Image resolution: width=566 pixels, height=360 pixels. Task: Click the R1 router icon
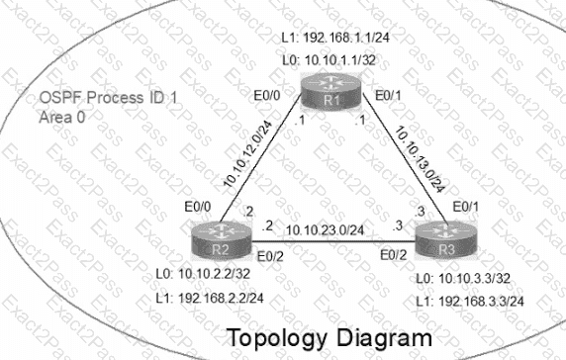click(331, 91)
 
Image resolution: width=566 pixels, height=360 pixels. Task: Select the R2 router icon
click(221, 240)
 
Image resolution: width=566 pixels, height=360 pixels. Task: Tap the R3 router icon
click(446, 240)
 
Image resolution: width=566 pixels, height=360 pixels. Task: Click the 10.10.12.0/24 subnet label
click(248, 154)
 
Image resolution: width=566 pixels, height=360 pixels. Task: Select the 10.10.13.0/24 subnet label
click(420, 159)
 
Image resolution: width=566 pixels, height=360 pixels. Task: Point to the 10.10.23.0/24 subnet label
click(325, 229)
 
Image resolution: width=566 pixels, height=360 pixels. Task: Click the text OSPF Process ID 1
click(108, 97)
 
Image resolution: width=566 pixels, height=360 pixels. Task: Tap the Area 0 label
click(62, 118)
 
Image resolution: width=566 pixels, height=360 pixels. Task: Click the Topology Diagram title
click(330, 337)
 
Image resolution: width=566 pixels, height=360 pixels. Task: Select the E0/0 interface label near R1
click(267, 96)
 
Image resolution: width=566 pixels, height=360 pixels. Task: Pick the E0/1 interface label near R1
click(388, 96)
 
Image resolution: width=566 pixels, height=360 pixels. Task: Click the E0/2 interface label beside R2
click(270, 256)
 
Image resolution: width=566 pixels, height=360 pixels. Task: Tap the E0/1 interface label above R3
click(466, 207)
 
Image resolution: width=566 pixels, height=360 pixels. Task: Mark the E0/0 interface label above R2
click(198, 207)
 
